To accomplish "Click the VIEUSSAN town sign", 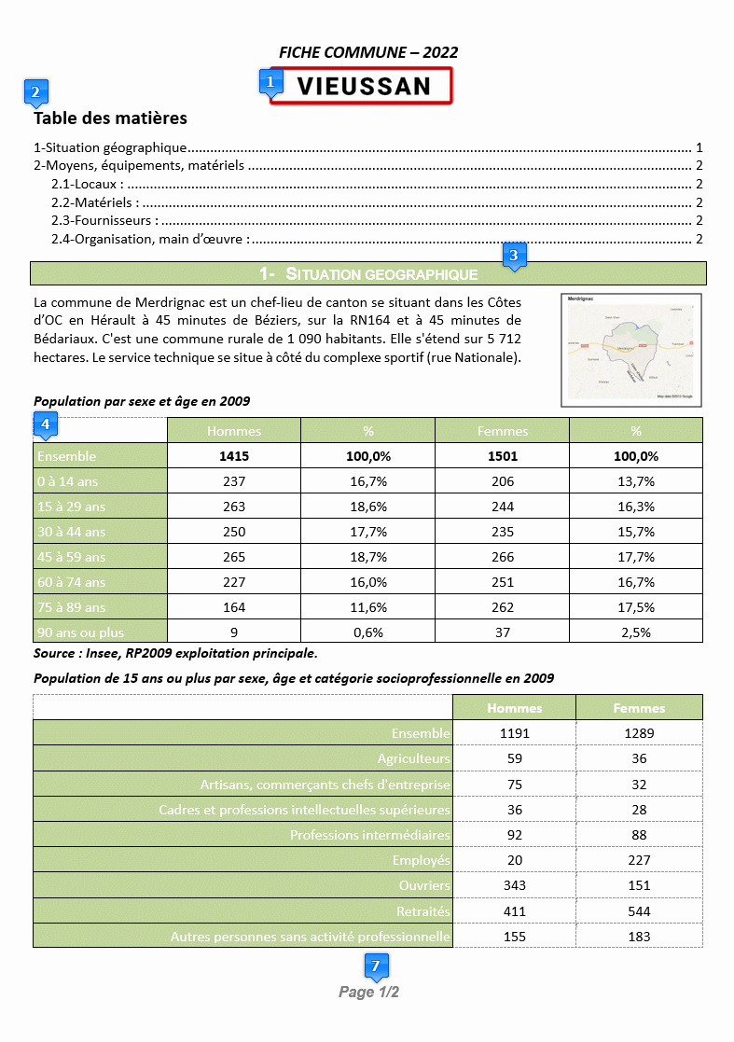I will click(x=364, y=86).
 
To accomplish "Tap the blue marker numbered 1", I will click(x=270, y=81).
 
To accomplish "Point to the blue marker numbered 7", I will click(x=376, y=966).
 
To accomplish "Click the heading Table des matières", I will click(x=110, y=118).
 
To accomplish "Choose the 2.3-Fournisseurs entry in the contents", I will click(x=104, y=220).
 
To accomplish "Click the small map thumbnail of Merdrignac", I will click(x=630, y=350).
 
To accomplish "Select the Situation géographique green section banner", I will click(x=368, y=273).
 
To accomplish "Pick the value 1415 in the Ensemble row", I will click(x=233, y=456).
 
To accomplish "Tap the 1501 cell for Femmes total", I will click(x=502, y=456).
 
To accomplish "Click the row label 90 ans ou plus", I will click(x=80, y=632).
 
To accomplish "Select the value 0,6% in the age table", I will click(x=367, y=632).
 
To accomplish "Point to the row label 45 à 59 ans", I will click(x=71, y=557).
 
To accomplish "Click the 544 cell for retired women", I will click(x=639, y=910).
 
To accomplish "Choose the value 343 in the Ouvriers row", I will click(x=514, y=885).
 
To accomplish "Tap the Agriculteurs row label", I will click(x=413, y=758).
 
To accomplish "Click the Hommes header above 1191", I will click(x=514, y=708).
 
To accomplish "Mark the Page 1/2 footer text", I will click(x=368, y=992).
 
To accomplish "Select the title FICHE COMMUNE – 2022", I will click(x=368, y=52).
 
